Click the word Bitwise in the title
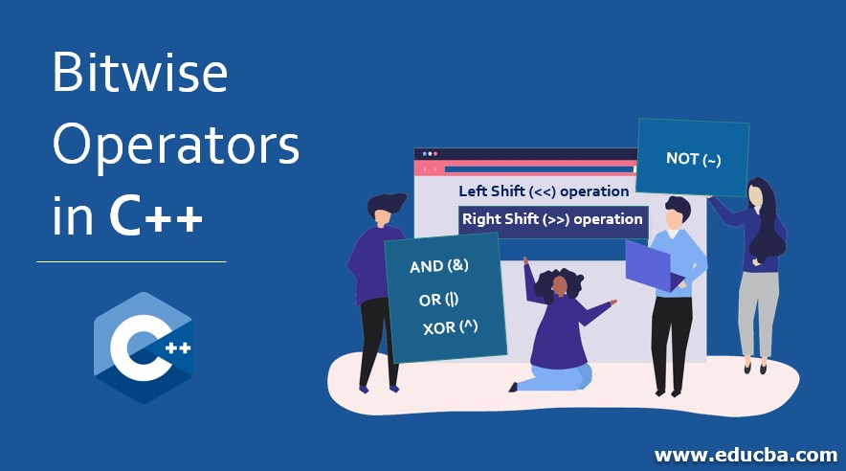coord(140,72)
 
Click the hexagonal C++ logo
coord(143,348)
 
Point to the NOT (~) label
coord(693,159)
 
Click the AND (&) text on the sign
coord(439,265)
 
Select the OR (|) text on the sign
coord(438,299)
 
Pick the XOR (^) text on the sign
coord(450,327)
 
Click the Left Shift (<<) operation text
coord(544,191)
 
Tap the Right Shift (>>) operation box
coord(553,220)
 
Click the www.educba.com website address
coord(746,455)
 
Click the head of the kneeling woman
coord(560,284)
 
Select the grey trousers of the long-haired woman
coord(758,313)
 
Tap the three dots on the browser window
coord(430,154)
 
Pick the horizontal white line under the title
coord(132,261)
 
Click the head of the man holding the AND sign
coord(384,209)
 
